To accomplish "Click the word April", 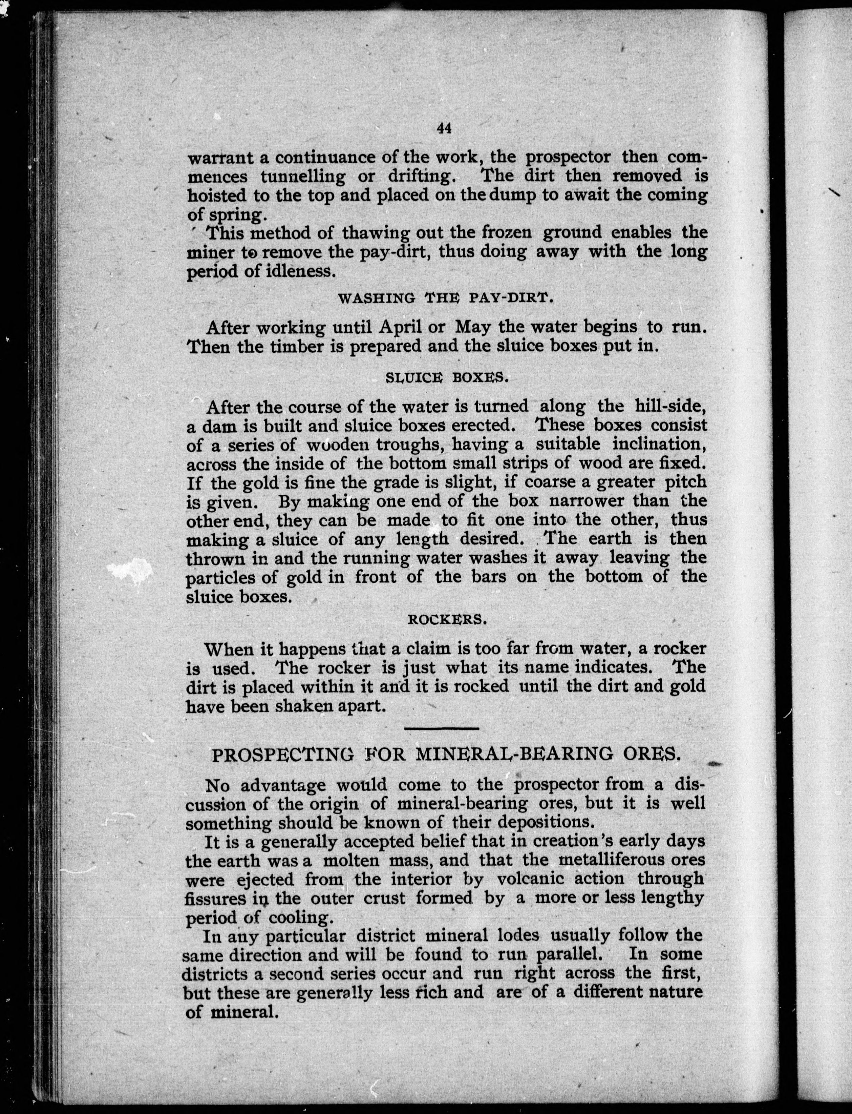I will coord(401,327).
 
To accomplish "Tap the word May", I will coord(473,327).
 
